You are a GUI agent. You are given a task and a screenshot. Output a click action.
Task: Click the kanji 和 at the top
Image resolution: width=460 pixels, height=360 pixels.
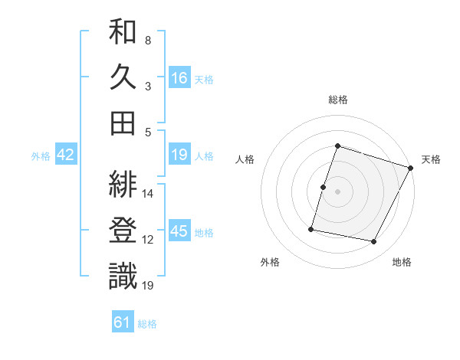pyautogui.click(x=123, y=33)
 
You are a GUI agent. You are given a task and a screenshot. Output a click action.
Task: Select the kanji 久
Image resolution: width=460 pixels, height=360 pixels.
pyautogui.click(x=123, y=77)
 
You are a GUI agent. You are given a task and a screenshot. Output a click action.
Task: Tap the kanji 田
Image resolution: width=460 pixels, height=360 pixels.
pyautogui.click(x=123, y=123)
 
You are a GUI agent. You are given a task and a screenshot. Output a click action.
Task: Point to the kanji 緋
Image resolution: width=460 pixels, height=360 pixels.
pyautogui.click(x=123, y=185)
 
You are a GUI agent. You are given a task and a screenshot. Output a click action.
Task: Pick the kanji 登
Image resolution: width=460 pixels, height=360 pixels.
pyautogui.click(x=123, y=231)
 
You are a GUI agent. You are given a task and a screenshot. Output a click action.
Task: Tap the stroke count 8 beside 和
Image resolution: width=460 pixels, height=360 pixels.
pyautogui.click(x=147, y=40)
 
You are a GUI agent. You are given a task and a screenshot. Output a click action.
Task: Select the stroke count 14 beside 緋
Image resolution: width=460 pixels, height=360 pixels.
pyautogui.click(x=148, y=194)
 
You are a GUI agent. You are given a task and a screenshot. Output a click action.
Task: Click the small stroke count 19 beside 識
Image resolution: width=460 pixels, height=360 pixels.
pyautogui.click(x=148, y=286)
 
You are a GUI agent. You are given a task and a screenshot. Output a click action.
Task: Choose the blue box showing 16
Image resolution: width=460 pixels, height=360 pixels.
pyautogui.click(x=179, y=78)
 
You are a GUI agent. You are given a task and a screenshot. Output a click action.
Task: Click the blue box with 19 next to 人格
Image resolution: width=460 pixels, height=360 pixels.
pyautogui.click(x=179, y=155)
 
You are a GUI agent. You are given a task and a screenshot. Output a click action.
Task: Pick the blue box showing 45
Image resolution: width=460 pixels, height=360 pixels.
pyautogui.click(x=179, y=232)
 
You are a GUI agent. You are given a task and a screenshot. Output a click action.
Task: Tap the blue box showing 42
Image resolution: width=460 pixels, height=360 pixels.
pyautogui.click(x=66, y=155)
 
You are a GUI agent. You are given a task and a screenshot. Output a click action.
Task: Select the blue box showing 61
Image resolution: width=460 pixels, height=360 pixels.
pyautogui.click(x=123, y=323)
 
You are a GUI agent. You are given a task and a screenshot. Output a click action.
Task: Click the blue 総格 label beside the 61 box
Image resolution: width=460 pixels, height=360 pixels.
pyautogui.click(x=147, y=324)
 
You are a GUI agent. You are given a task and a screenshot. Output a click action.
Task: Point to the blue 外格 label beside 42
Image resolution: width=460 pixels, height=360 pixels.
pyautogui.click(x=41, y=156)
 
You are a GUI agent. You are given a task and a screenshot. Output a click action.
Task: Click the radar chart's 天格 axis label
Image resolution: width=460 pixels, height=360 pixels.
pyautogui.click(x=431, y=159)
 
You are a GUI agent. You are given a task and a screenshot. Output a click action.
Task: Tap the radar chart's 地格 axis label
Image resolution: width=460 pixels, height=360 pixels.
pyautogui.click(x=402, y=262)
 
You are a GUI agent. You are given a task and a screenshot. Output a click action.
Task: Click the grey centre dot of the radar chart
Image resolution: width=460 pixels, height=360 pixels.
pyautogui.click(x=337, y=191)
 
